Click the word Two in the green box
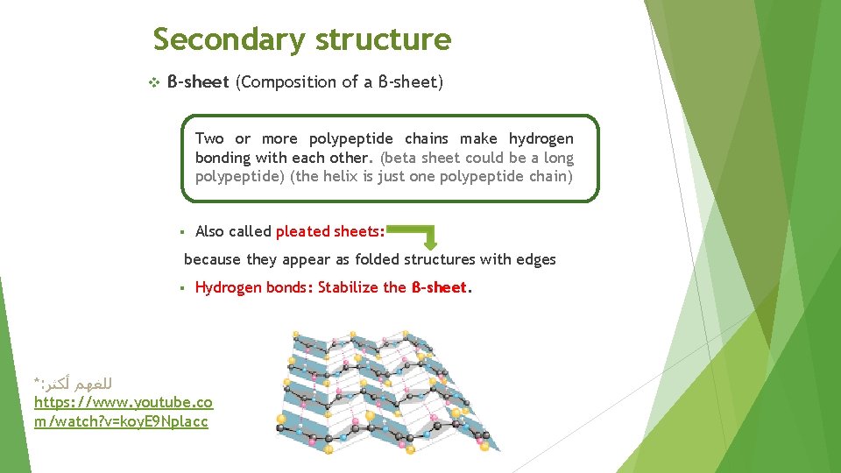coord(209,138)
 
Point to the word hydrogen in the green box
coord(541,138)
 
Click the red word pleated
coord(303,231)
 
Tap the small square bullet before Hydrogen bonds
coord(179,288)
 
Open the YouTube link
coord(123,412)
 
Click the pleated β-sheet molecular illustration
coord(390,390)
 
